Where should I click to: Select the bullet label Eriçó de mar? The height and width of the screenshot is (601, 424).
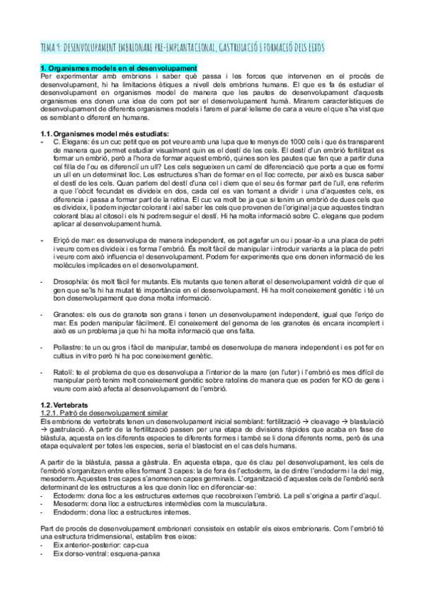pyautogui.click(x=71, y=242)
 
